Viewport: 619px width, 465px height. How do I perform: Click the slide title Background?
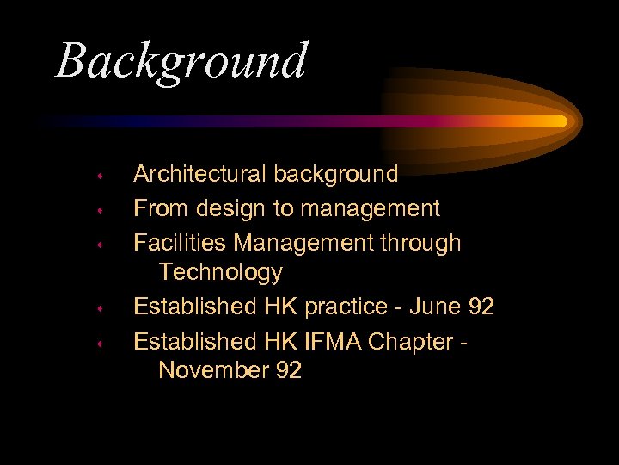tap(181, 62)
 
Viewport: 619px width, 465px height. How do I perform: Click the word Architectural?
tap(200, 174)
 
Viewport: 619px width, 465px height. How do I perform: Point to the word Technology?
tap(220, 272)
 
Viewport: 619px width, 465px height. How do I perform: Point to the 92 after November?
tap(287, 370)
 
